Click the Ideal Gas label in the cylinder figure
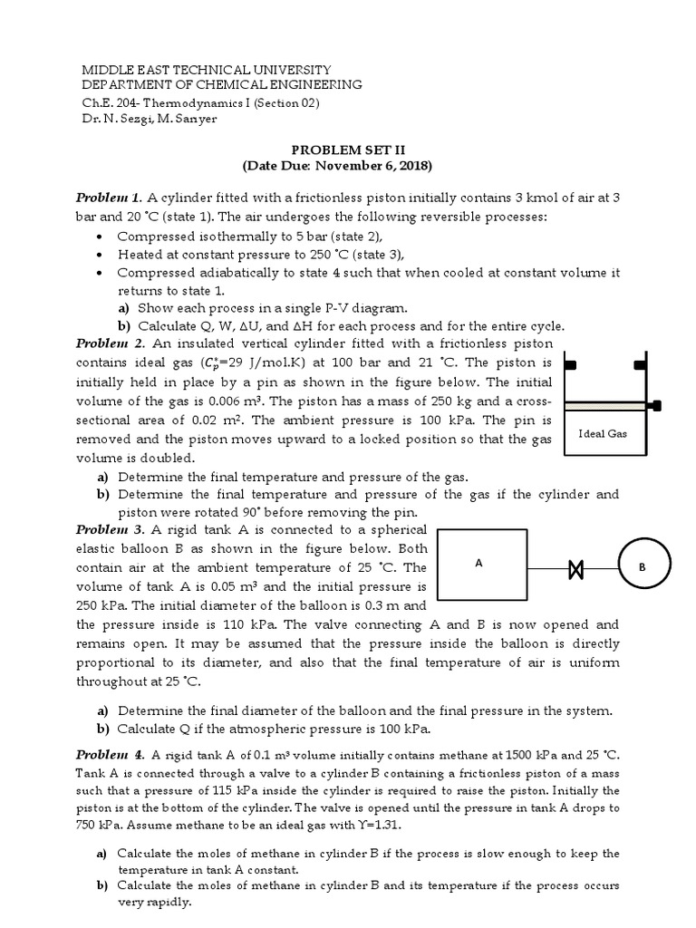click(603, 433)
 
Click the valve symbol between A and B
click(574, 569)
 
